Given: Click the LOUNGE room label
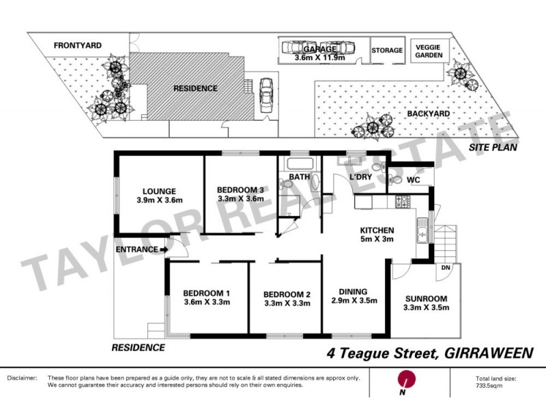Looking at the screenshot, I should (x=160, y=191).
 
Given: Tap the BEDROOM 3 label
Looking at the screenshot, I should (x=240, y=190).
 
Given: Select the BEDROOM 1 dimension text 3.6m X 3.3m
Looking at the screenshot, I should (x=207, y=303).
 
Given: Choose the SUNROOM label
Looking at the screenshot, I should (x=425, y=299).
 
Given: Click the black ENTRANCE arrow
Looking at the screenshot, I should (x=164, y=250).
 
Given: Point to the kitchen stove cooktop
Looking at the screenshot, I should (x=401, y=202).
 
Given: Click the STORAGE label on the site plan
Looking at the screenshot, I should (x=387, y=50).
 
